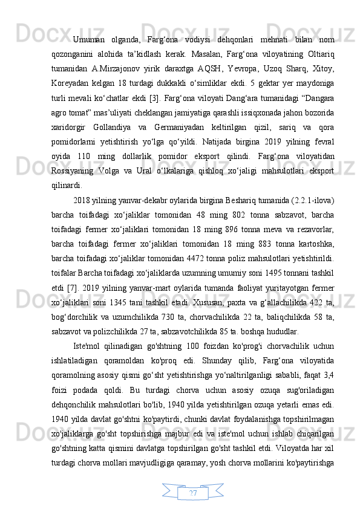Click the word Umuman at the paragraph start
tap(88, 41)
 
